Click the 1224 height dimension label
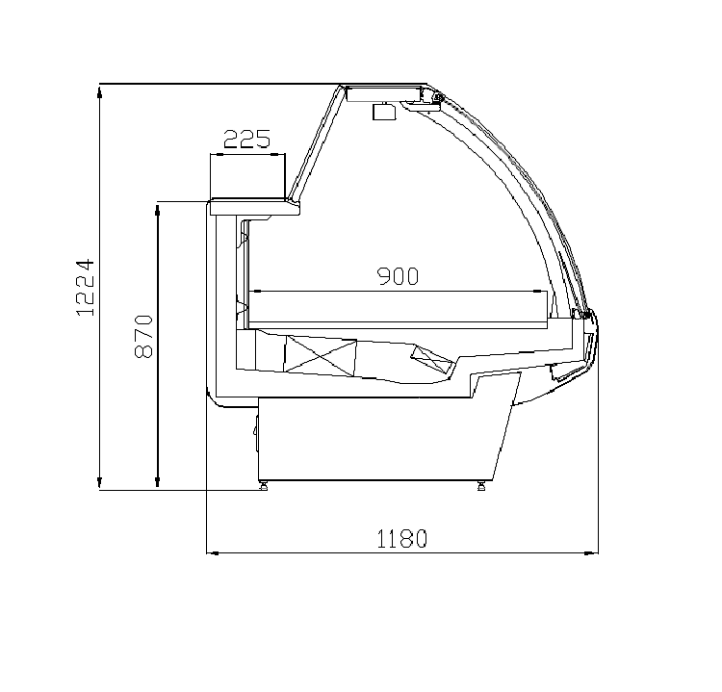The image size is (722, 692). click(x=86, y=288)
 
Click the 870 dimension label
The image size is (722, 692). click(x=143, y=337)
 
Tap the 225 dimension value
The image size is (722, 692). click(x=247, y=139)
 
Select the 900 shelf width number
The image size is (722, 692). click(x=399, y=276)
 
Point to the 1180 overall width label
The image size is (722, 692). click(x=402, y=539)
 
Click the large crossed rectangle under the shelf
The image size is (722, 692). click(x=321, y=354)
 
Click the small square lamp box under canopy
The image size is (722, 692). click(x=384, y=112)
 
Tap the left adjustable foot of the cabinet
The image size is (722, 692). click(x=264, y=486)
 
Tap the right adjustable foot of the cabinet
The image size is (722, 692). click(x=481, y=486)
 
